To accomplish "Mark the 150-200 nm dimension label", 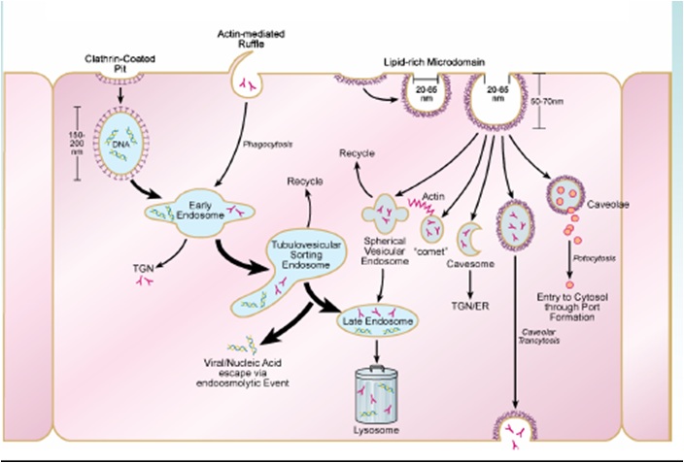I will point(66,145).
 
